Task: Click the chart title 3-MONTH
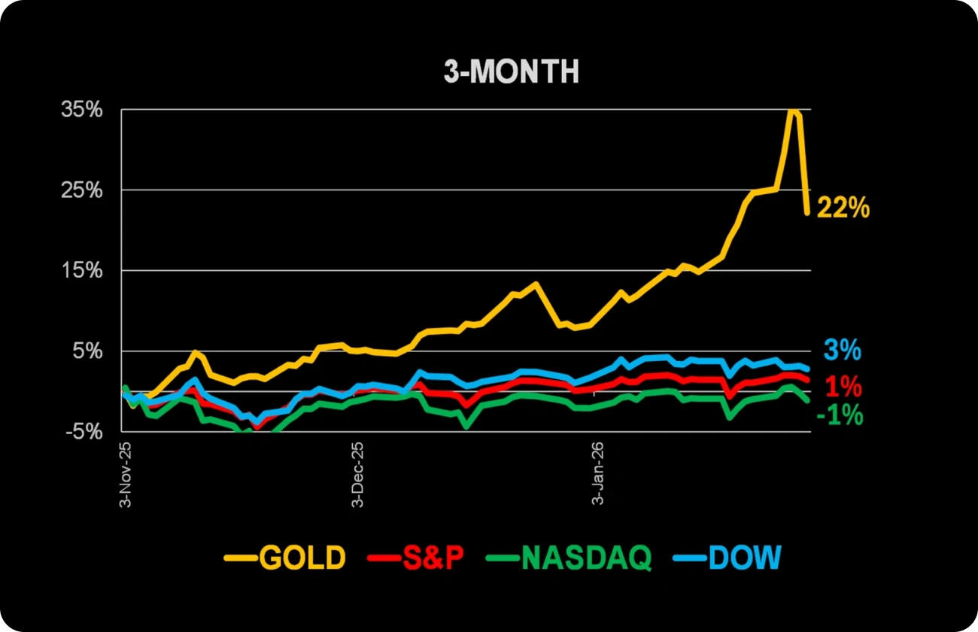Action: [x=512, y=71]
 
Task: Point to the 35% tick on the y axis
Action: [x=82, y=110]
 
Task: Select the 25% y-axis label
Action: [x=82, y=190]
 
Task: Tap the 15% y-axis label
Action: [x=82, y=270]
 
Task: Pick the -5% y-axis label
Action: [x=84, y=431]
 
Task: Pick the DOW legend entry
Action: [x=745, y=558]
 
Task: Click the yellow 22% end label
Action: [x=843, y=208]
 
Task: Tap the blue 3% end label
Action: [x=842, y=350]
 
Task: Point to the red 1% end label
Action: [x=843, y=387]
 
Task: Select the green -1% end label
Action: [x=839, y=415]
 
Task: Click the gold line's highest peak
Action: [x=792, y=111]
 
